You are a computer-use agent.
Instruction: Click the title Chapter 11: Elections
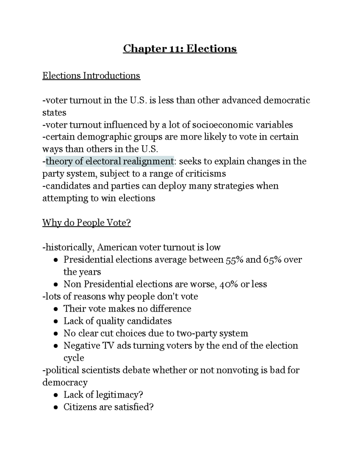(x=180, y=48)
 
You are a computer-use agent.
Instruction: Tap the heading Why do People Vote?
(x=86, y=223)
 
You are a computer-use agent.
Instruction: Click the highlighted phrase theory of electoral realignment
(x=109, y=161)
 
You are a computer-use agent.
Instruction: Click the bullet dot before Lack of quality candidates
(x=56, y=321)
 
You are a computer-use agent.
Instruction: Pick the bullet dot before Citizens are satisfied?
(x=56, y=407)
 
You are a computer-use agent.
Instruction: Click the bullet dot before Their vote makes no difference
(x=56, y=309)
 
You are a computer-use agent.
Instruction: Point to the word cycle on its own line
(x=74, y=358)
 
